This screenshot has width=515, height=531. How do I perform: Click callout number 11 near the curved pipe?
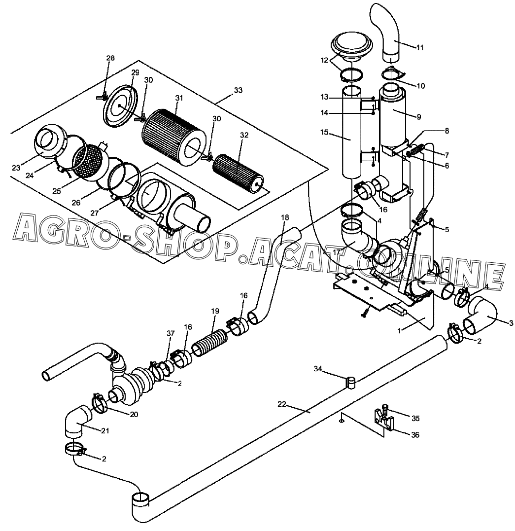pos(419,47)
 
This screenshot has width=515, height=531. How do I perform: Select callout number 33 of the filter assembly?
pos(239,90)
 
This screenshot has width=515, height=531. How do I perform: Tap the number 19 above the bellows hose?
pos(215,311)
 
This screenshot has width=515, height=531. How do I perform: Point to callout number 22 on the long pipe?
pos(282,404)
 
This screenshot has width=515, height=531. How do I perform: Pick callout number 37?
pos(171,334)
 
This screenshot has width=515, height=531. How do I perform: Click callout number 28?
pos(111,58)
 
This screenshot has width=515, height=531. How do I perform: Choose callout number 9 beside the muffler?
pos(419,117)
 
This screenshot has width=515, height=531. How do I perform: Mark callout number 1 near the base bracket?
pos(400,331)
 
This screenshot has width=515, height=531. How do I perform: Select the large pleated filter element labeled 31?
pos(174,138)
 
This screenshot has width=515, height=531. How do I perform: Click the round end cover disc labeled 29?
pos(121,106)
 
